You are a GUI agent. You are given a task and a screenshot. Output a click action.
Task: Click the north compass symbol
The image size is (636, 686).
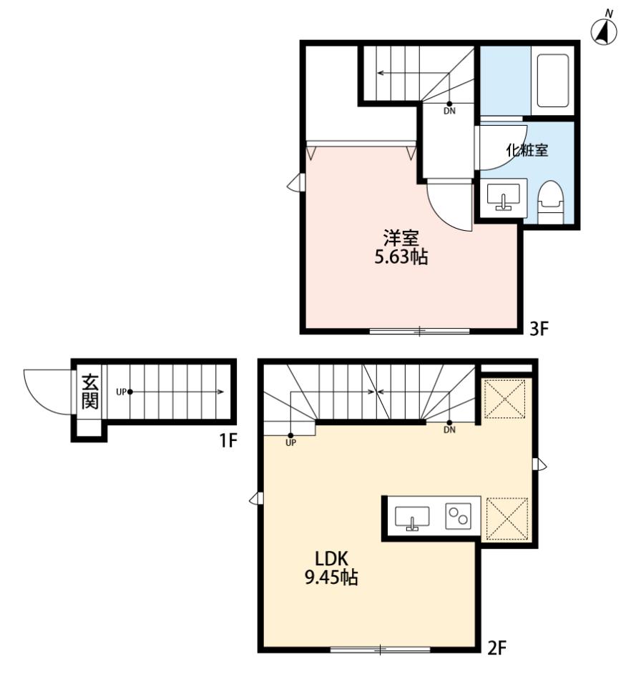(604, 30)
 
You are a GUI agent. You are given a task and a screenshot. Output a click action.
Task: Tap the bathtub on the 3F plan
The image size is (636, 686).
(552, 81)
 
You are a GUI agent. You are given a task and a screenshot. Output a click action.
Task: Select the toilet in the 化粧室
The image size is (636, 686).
(550, 203)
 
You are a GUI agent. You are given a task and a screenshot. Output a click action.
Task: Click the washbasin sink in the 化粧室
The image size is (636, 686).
(504, 197)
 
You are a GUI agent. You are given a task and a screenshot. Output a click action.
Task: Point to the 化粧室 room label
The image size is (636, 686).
(527, 151)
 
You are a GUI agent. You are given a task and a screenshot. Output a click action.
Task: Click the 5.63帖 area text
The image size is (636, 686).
(401, 257)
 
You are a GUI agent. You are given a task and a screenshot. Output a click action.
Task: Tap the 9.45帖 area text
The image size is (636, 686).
(331, 577)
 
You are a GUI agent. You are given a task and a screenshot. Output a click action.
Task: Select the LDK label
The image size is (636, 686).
(331, 558)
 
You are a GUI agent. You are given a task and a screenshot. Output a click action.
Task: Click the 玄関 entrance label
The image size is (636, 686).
(90, 392)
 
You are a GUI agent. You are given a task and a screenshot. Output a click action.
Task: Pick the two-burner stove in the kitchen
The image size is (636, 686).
(458, 516)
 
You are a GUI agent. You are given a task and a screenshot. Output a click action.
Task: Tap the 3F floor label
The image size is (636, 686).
(539, 328)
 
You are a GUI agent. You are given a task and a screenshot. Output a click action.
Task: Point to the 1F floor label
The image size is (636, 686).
(228, 441)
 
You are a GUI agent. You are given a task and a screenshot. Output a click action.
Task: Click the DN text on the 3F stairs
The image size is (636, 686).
(449, 111)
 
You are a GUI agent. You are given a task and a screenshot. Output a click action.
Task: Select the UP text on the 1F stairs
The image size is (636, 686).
(121, 392)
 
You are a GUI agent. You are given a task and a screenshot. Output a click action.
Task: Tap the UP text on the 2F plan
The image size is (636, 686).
(290, 443)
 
